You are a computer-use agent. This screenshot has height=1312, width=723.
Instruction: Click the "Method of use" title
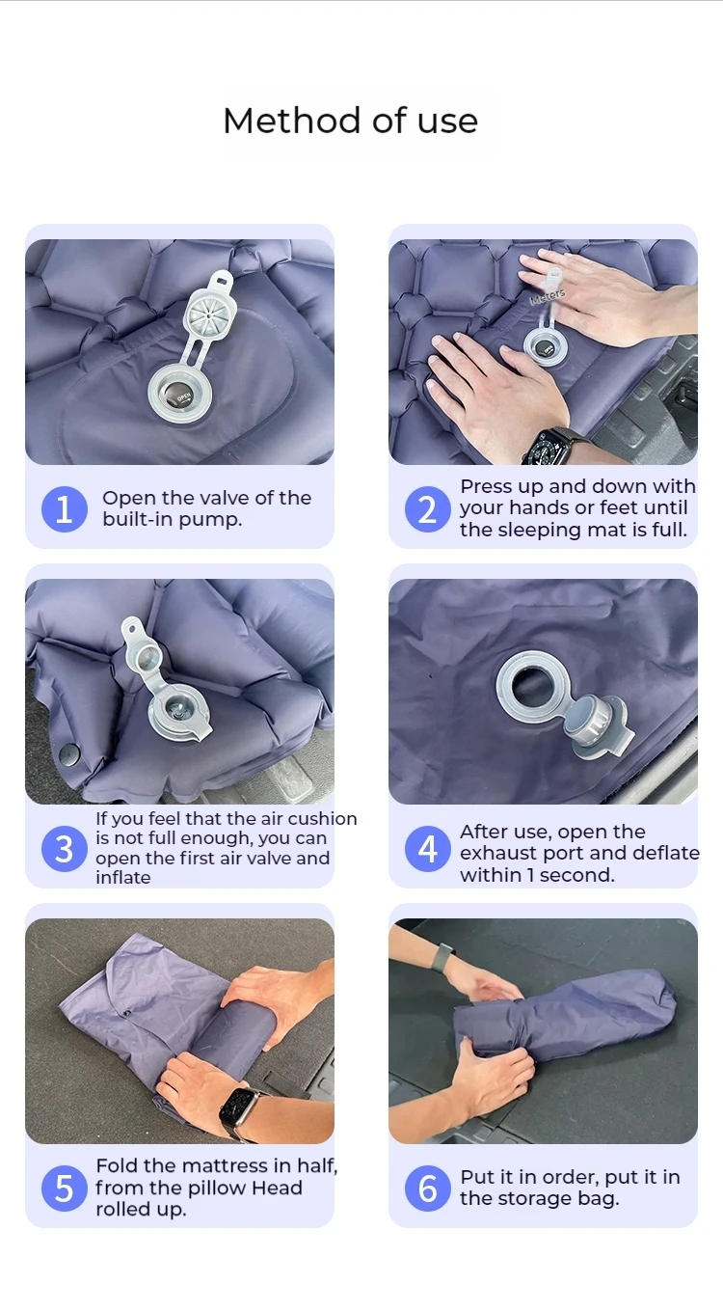[x=351, y=121]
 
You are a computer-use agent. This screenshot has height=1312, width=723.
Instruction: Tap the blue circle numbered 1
[x=65, y=509]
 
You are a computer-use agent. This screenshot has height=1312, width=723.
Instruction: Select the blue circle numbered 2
[x=428, y=509]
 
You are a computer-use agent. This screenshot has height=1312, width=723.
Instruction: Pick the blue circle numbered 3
[x=65, y=849]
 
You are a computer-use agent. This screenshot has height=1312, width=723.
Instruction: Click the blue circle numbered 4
[x=428, y=849]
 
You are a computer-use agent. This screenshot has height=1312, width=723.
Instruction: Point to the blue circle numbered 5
[x=65, y=1189]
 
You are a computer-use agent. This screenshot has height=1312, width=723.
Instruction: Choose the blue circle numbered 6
[x=428, y=1189]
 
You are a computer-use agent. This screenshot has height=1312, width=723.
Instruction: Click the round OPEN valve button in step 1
[x=179, y=395]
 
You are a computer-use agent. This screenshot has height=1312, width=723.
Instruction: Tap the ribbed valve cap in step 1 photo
[x=209, y=314]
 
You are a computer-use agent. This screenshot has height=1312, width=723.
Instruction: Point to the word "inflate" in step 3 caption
[x=123, y=878]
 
